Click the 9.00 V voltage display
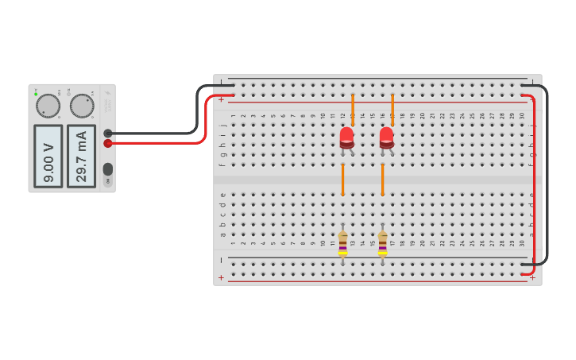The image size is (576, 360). click(x=48, y=156)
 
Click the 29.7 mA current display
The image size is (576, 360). click(x=81, y=156)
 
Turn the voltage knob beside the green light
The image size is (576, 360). click(x=48, y=106)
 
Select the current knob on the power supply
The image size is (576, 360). click(x=82, y=105)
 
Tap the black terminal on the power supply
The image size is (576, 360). click(x=108, y=134)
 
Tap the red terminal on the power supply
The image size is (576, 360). click(x=108, y=143)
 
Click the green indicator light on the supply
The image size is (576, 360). click(x=36, y=94)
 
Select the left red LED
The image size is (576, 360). click(x=346, y=137)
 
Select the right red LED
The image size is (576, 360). click(x=386, y=137)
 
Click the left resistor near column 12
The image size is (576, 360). click(x=342, y=243)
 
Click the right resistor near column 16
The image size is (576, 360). click(x=382, y=243)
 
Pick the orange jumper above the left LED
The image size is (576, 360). click(x=353, y=109)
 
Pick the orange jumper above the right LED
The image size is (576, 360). click(x=392, y=109)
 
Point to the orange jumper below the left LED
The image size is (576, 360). click(x=342, y=180)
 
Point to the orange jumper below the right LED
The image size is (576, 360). click(x=382, y=180)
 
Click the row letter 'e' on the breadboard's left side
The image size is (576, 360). click(x=222, y=194)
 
